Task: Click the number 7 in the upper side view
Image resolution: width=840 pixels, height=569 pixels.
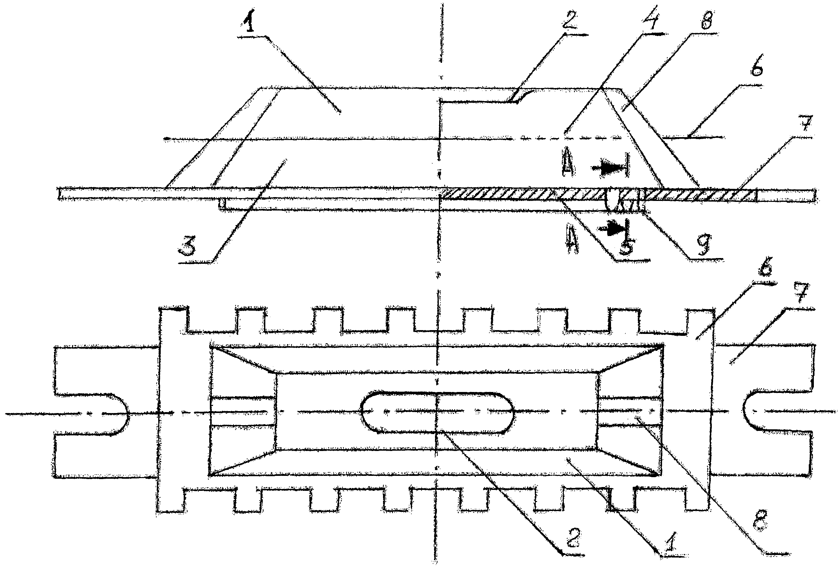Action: [807, 124]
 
